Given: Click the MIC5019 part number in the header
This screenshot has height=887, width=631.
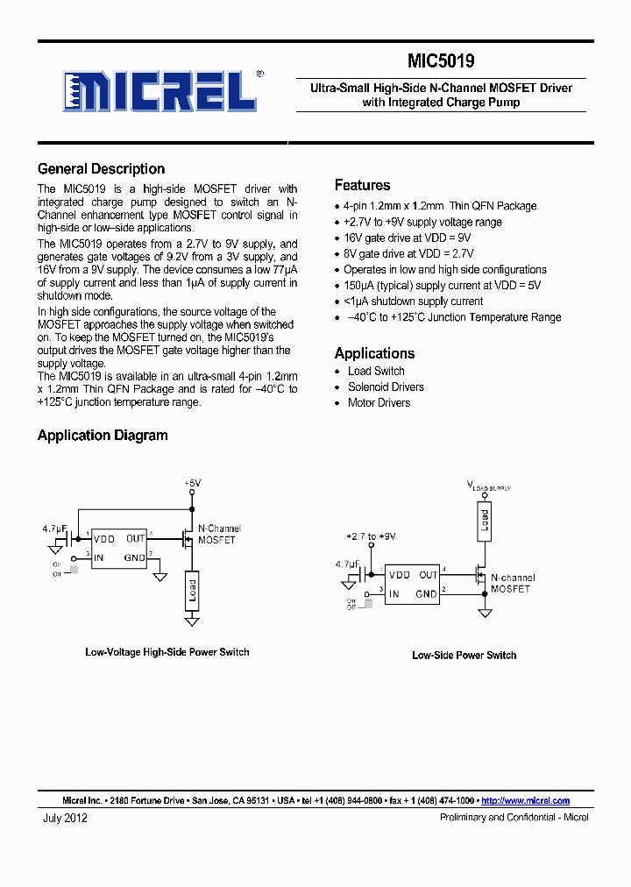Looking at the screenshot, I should click(441, 61).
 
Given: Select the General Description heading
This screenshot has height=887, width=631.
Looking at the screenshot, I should click(101, 169).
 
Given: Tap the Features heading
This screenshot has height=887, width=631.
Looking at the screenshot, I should click(362, 185).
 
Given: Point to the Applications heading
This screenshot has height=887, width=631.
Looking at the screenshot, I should click(374, 353).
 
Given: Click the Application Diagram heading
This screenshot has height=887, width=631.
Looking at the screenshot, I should click(103, 436).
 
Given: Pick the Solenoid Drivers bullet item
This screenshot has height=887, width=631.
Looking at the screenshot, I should click(386, 387).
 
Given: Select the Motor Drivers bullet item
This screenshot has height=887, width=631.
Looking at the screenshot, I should click(379, 402).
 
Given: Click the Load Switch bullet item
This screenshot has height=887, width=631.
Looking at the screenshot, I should click(376, 371).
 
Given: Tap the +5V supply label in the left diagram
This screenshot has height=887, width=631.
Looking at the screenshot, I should click(192, 483).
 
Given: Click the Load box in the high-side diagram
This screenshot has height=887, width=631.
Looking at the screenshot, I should click(192, 590).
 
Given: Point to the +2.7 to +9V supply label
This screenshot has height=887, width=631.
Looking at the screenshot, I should click(371, 536).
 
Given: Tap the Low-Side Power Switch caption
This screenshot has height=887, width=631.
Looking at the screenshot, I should click(464, 656).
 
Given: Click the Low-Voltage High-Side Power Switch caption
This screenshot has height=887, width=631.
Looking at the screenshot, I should click(167, 652).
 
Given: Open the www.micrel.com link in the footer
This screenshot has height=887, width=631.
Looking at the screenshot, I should click(526, 800).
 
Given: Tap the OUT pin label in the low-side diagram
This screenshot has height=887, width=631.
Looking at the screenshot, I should click(428, 575).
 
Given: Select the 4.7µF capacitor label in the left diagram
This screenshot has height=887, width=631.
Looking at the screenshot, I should click(55, 529).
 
